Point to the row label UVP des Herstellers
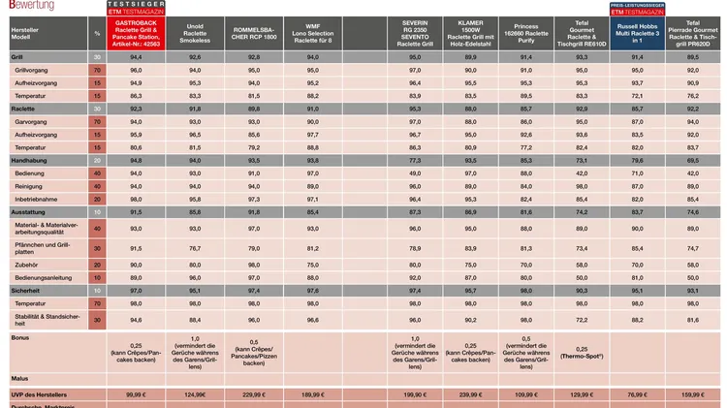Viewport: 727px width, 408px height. pyautogui.click(x=38, y=394)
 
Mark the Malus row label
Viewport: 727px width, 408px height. pyautogui.click(x=19, y=377)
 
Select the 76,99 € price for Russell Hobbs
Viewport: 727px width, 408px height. pyautogui.click(x=637, y=394)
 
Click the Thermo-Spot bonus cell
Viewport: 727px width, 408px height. pyautogui.click(x=581, y=353)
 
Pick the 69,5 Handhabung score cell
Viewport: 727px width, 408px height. pyautogui.click(x=692, y=159)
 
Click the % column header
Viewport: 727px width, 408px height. pyautogui.click(x=97, y=33)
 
